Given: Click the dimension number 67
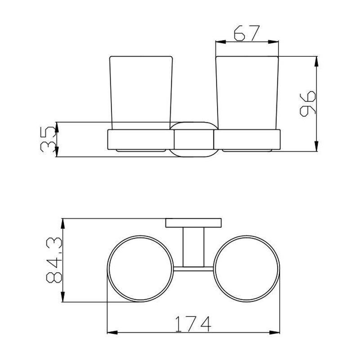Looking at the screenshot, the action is (x=247, y=34).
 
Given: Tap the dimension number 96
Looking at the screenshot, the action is (x=308, y=104).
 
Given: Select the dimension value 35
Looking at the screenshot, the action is (x=48, y=139).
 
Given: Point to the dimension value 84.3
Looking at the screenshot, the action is (x=54, y=260).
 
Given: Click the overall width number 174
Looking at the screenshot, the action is (x=193, y=324).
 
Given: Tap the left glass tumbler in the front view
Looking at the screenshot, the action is (x=141, y=93).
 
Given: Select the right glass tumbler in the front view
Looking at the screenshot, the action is (x=247, y=93).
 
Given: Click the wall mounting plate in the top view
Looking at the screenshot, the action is (x=194, y=223).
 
